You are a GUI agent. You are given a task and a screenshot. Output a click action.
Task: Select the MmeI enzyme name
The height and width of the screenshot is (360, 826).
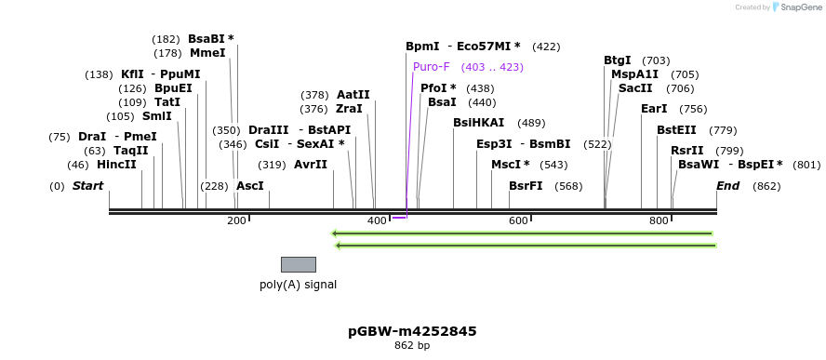click(207, 53)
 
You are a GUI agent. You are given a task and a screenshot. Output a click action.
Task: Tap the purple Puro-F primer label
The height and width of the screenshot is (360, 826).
click(432, 67)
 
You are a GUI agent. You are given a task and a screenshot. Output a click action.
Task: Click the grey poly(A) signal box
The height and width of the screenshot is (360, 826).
click(299, 264)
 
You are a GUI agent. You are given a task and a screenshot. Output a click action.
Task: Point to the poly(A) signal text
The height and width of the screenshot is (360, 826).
click(298, 285)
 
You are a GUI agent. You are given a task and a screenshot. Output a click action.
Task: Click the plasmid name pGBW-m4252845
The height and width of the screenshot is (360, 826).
click(412, 331)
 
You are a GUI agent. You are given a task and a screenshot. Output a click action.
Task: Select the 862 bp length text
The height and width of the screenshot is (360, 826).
click(412, 346)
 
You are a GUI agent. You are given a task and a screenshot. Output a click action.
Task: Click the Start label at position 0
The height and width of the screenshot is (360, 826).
click(87, 186)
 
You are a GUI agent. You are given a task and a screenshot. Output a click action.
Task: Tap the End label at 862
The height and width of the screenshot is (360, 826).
click(727, 186)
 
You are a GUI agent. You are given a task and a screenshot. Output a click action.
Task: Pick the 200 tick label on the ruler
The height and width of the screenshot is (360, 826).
click(236, 220)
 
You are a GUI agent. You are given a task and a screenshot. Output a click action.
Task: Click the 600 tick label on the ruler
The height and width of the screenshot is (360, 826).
click(518, 220)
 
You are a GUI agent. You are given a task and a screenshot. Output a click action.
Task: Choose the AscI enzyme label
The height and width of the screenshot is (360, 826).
click(250, 186)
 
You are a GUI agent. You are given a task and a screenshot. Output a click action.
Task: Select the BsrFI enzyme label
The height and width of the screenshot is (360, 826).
click(526, 186)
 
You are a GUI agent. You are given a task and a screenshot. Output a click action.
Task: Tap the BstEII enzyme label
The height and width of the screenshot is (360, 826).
click(676, 130)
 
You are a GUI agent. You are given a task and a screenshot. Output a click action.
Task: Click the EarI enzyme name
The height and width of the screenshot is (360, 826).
click(654, 109)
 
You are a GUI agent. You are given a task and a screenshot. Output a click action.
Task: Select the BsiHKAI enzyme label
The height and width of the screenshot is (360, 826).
click(478, 123)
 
